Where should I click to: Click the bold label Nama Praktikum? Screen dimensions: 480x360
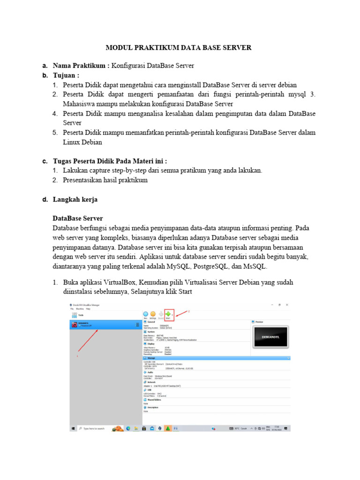tap(81, 65)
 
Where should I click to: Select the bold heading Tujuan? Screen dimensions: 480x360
tap(66, 75)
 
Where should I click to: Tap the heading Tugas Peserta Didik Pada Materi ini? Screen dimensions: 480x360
tap(110, 161)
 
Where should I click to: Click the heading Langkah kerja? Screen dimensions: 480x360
tap(75, 199)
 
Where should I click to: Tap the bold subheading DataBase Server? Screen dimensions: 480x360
tap(77, 218)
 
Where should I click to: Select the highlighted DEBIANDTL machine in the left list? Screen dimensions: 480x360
tap(103, 324)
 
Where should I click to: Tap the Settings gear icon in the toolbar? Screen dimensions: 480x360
tap(153, 315)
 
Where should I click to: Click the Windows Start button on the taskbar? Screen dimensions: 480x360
tap(74, 428)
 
